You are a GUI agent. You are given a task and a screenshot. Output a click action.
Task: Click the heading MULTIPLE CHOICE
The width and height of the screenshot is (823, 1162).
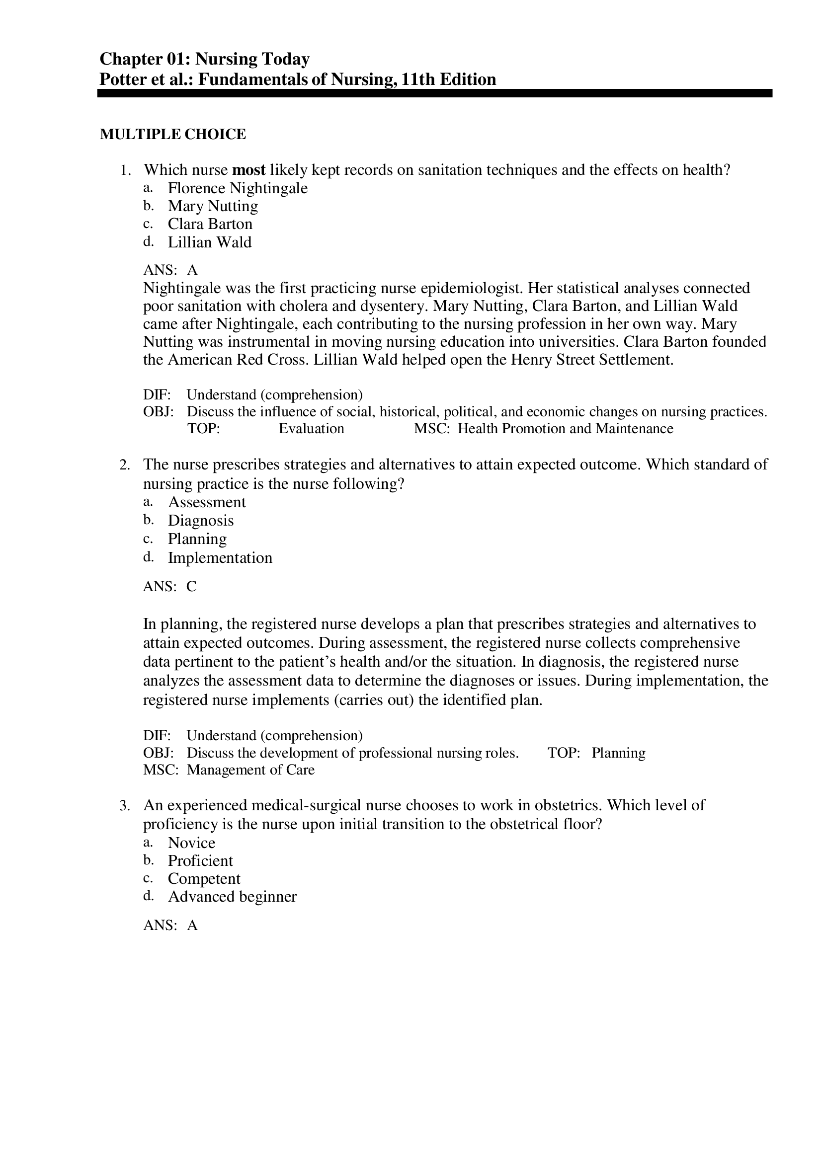pos(173,134)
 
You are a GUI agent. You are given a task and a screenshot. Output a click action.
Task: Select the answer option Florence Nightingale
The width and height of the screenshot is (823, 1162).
pos(237,188)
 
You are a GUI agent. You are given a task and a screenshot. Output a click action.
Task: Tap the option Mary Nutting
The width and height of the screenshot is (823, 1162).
pos(213,206)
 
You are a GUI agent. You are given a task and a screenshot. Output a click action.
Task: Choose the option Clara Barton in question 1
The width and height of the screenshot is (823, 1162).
pos(210,224)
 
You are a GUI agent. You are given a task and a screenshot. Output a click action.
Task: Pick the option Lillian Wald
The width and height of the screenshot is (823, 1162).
pos(209,242)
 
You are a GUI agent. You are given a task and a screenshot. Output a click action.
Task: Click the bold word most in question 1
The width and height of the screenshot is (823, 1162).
pos(248,170)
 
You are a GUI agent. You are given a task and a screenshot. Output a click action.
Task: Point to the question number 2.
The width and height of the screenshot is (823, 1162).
pos(125,465)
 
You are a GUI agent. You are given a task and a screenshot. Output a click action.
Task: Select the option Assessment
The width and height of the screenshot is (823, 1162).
pos(207,502)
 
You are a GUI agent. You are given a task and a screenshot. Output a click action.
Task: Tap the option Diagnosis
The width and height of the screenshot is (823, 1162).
pos(201,521)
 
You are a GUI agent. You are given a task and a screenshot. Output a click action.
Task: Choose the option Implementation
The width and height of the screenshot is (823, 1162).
pos(220,558)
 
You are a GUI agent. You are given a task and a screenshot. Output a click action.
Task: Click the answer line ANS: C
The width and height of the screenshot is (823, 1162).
pos(169,587)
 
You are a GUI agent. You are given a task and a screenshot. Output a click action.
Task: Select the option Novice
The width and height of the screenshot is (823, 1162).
pos(191,843)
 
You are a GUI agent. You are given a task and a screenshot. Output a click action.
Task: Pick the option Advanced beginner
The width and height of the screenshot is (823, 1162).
pos(232,897)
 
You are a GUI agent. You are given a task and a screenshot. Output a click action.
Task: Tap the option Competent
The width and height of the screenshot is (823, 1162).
pos(204,879)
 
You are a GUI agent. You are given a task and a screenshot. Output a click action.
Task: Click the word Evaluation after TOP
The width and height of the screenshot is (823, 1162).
pos(311,429)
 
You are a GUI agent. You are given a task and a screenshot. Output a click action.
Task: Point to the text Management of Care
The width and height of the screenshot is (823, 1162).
pos(250,770)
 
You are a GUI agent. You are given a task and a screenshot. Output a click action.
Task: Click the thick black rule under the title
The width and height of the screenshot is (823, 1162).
pos(434,93)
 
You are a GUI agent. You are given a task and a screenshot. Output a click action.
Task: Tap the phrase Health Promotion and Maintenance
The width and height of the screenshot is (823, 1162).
pos(565,429)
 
